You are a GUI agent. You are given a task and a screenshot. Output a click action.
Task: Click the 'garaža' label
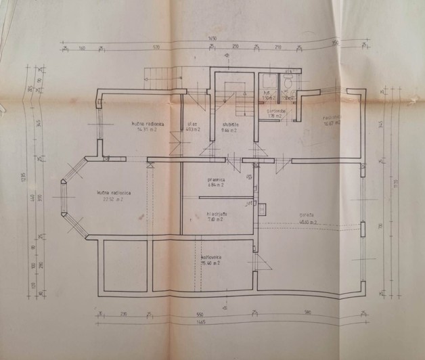pos(309,215)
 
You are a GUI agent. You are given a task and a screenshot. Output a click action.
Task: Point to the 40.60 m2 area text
pos(309,221)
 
